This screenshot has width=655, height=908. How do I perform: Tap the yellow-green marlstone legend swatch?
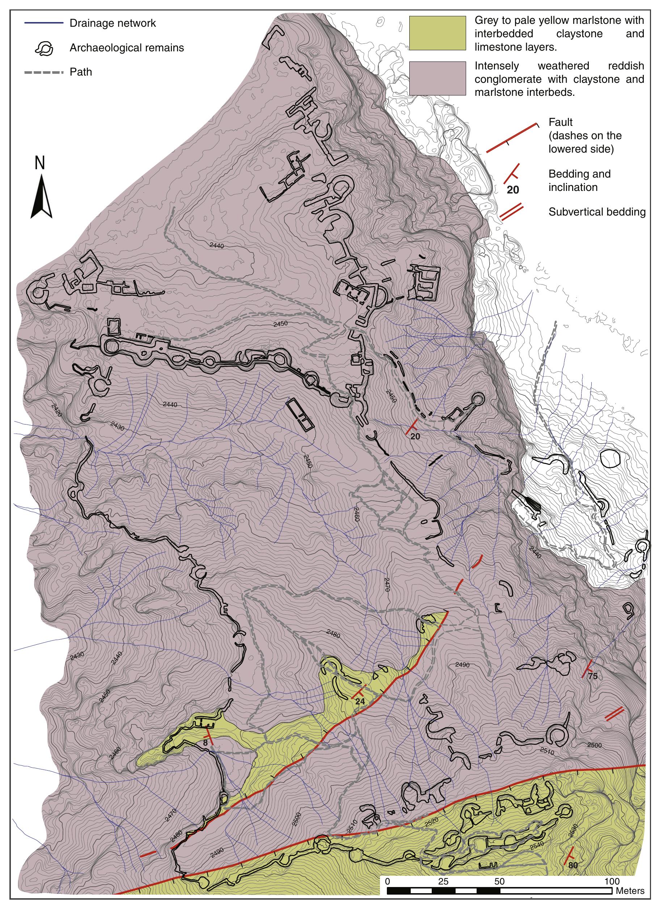coord(437,33)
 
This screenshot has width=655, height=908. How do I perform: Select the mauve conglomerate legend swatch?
coord(437,78)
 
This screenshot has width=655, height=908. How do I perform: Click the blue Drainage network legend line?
coord(44,23)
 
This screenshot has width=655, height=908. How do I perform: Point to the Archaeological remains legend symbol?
coord(44,48)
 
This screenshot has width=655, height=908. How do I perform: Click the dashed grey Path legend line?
coord(44,72)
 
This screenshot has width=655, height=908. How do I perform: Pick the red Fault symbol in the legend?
coord(511,138)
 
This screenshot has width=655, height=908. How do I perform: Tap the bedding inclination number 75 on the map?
coord(592,676)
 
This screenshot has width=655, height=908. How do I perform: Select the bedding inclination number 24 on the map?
coord(360,702)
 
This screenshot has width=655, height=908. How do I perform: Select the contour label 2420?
coord(57,410)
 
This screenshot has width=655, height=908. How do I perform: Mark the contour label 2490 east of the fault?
coord(462,665)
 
